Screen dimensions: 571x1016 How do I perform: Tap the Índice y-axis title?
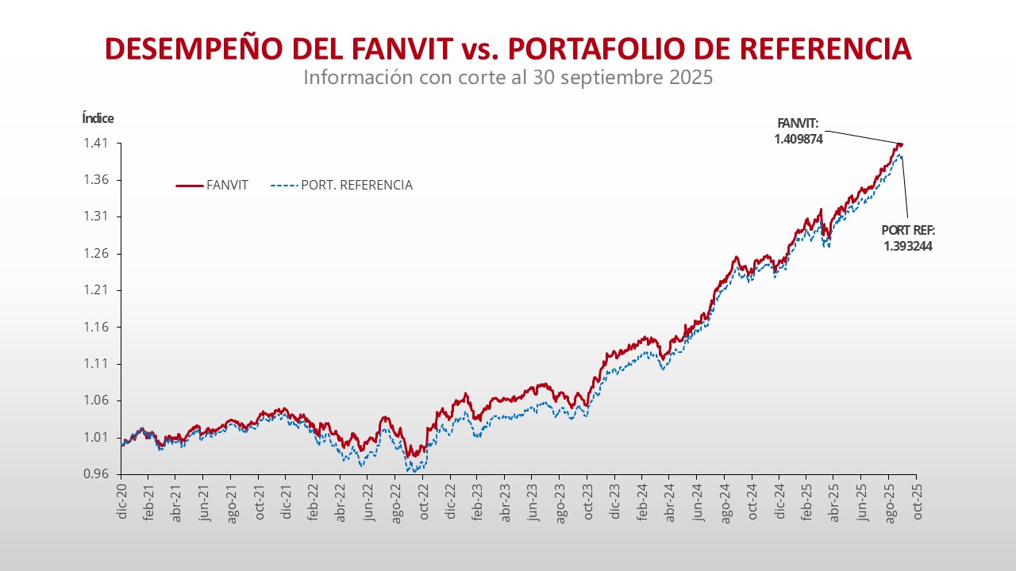(98, 118)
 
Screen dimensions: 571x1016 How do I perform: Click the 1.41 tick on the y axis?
(98, 144)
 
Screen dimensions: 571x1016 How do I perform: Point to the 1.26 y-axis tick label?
(98, 254)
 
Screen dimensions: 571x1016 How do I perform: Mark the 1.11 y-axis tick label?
(98, 364)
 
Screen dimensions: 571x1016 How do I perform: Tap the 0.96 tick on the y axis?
(98, 474)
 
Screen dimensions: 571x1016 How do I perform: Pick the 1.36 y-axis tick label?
(98, 180)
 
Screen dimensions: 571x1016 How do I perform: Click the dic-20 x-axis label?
(121, 500)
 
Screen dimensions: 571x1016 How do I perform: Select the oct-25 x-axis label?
(916, 500)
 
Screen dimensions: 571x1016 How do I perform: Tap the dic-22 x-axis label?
(450, 500)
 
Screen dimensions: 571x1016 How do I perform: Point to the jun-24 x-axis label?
(697, 500)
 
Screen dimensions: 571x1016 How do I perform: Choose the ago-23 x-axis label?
(560, 500)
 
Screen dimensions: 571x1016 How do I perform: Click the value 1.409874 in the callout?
(798, 138)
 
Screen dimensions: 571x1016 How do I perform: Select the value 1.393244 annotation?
(907, 246)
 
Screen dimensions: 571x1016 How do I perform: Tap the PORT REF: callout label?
(908, 231)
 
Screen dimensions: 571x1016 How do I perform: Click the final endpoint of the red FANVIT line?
(901, 144)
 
